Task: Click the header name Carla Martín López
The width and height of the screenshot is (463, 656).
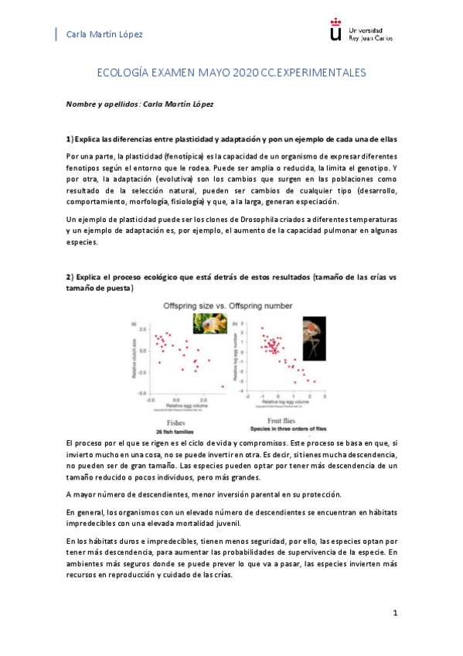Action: point(105,35)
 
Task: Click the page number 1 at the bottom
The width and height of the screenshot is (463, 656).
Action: point(394,613)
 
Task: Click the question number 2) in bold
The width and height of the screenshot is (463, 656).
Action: point(69,277)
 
